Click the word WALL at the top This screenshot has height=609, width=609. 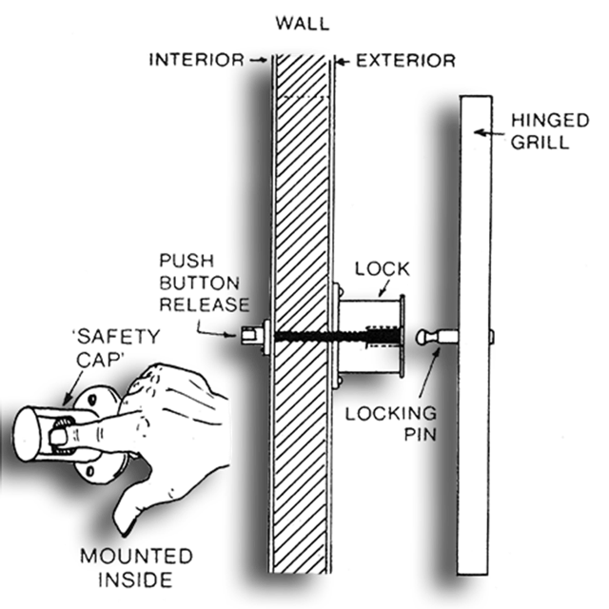click(x=303, y=24)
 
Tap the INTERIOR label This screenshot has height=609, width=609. click(x=197, y=60)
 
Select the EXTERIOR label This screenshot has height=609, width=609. click(x=406, y=61)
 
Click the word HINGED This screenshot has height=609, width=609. click(x=550, y=121)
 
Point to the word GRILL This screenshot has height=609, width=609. click(x=540, y=143)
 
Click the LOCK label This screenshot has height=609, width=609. click(x=383, y=268)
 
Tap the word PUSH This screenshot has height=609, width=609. click(x=187, y=261)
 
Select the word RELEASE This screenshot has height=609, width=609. click(x=205, y=304)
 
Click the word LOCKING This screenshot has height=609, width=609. click(x=391, y=414)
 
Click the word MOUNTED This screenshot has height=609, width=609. click(x=136, y=556)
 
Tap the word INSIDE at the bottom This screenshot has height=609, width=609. click(x=135, y=580)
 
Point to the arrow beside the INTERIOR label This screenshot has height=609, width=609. click(x=258, y=60)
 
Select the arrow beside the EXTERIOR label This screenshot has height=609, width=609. click(x=343, y=61)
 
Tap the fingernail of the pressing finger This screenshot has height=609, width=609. click(x=57, y=438)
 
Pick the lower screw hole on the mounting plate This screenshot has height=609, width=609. click(x=90, y=472)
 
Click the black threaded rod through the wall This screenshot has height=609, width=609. click(x=337, y=336)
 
